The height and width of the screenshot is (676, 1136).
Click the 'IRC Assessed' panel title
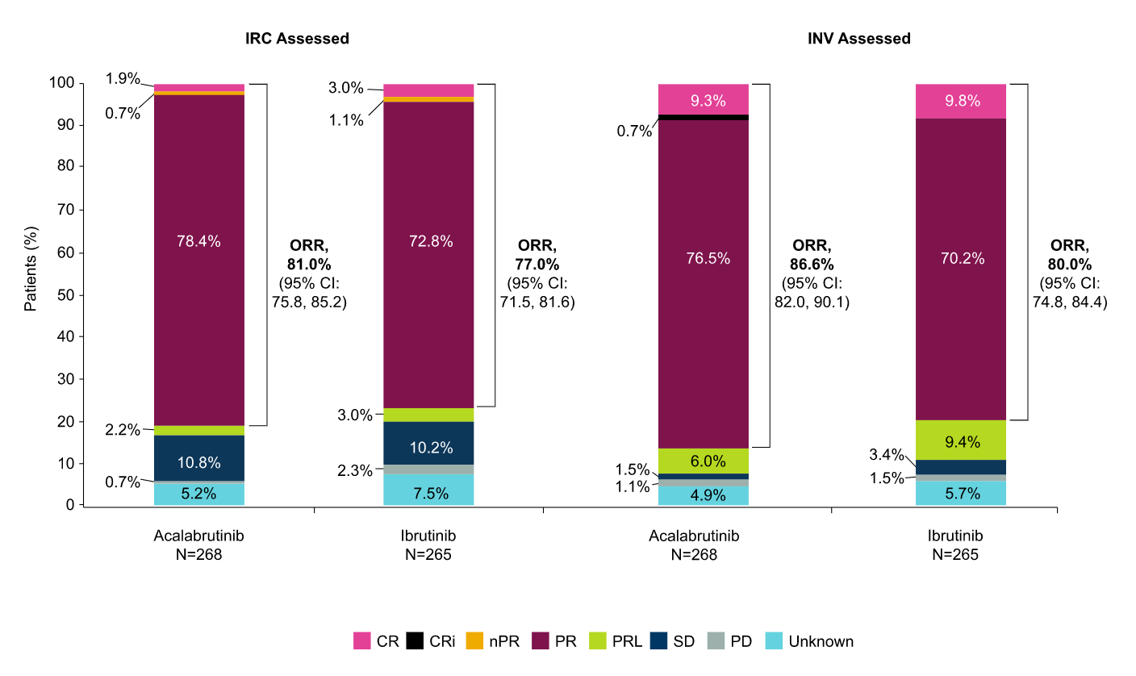[297, 39]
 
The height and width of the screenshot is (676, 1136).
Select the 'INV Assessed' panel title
[859, 39]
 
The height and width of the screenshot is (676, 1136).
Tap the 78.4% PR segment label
[198, 241]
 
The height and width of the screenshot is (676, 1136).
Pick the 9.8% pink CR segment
[961, 101]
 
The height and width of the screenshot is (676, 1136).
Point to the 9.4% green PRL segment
[961, 440]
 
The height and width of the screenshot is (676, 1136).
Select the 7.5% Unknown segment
[428, 490]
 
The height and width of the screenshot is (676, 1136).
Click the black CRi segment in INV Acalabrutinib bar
[704, 117]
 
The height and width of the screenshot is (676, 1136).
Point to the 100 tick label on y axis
[61, 82]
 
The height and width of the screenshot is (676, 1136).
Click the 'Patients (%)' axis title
[31, 269]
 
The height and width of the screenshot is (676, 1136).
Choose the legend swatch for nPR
[474, 641]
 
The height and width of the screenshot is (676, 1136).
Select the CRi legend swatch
[415, 641]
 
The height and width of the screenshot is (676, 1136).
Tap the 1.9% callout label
[122, 78]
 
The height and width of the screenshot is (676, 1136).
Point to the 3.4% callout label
[887, 454]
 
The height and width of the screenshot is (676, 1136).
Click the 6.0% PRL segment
[704, 461]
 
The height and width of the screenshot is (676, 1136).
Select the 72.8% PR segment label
[431, 241]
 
